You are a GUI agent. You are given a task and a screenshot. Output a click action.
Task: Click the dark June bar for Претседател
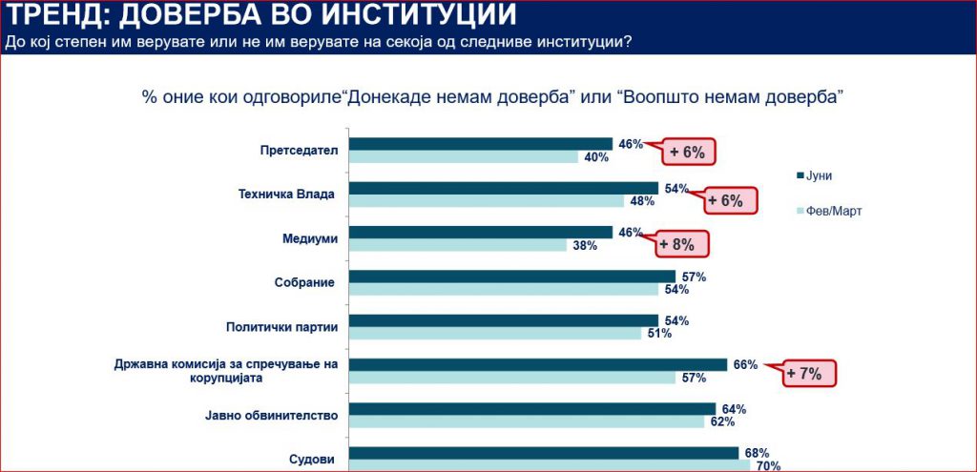click(x=481, y=144)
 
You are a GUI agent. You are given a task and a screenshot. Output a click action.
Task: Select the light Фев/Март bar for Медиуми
click(x=458, y=245)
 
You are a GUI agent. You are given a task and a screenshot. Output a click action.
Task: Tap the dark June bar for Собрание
click(x=511, y=277)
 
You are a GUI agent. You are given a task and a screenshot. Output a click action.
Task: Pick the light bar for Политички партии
click(x=495, y=334)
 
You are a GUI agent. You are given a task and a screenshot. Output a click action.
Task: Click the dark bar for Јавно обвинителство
click(x=532, y=408)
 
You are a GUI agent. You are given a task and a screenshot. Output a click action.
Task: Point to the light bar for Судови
click(x=550, y=465)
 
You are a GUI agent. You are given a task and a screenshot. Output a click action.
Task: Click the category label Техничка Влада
click(x=286, y=195)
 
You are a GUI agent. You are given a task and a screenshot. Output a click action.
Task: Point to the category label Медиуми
click(x=312, y=238)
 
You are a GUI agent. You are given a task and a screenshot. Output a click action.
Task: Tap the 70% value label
click(x=767, y=466)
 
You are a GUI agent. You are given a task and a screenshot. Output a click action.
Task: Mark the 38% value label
click(x=584, y=246)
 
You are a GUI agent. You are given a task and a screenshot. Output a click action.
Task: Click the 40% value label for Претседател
click(x=596, y=157)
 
